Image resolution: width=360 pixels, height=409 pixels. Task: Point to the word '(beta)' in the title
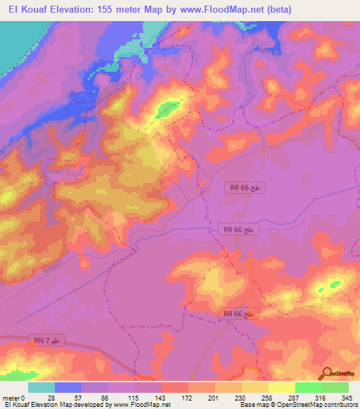(x=276, y=8)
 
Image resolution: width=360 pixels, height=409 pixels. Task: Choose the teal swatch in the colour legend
(x=41, y=387)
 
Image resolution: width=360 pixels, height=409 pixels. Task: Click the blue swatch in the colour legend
(x=67, y=387)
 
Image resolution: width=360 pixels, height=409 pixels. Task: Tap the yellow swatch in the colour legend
(x=281, y=387)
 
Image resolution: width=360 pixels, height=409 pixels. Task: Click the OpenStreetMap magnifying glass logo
(x=326, y=374)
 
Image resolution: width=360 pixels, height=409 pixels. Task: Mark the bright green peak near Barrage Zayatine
(x=167, y=108)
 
